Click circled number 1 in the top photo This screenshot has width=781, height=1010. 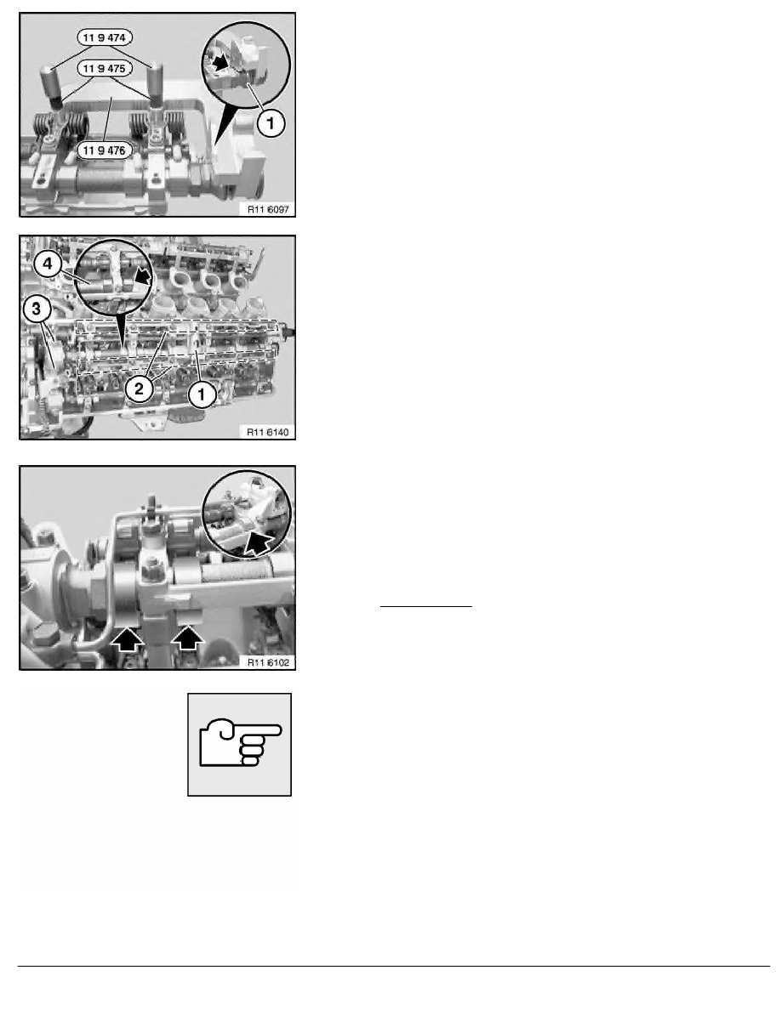click(x=270, y=124)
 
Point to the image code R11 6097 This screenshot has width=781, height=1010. click(x=267, y=207)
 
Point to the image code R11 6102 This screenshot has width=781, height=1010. click(x=267, y=661)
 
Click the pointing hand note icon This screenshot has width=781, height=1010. click(x=239, y=744)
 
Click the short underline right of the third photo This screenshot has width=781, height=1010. click(x=425, y=607)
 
